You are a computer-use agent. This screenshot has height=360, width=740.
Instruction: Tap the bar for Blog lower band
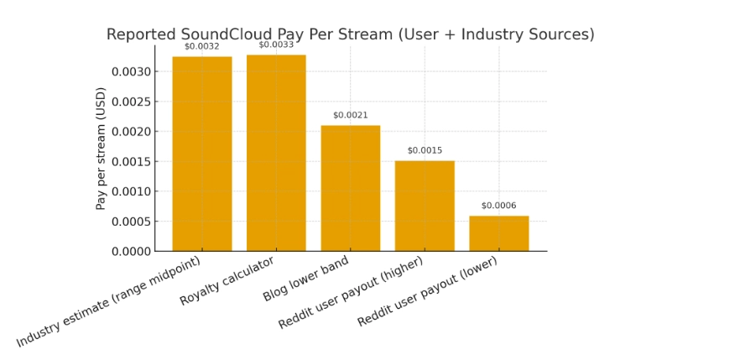click(x=351, y=188)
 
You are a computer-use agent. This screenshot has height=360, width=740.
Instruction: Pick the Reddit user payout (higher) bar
click(x=425, y=206)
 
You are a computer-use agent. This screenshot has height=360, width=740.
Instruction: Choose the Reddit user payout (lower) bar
click(x=499, y=233)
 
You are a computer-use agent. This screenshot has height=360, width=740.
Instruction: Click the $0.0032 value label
click(x=202, y=47)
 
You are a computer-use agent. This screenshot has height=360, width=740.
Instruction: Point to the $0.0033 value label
click(x=276, y=44)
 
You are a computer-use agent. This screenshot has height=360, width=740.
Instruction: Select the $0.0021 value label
click(x=351, y=116)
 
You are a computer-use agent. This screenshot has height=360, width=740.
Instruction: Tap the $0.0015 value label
click(x=425, y=151)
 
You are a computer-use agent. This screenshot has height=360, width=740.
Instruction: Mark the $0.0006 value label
click(x=499, y=206)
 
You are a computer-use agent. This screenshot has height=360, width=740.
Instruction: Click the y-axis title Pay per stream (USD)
click(x=101, y=149)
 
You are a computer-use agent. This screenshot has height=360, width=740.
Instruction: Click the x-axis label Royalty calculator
click(x=227, y=281)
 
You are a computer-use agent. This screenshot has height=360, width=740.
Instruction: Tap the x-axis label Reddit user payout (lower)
click(x=427, y=292)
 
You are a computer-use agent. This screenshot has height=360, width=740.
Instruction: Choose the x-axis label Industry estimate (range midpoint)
click(x=109, y=302)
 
